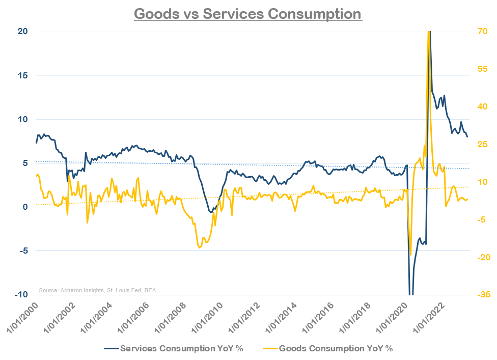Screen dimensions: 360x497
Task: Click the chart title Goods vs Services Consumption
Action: pyautogui.click(x=248, y=13)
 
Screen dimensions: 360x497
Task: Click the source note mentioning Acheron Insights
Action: pyautogui.click(x=97, y=290)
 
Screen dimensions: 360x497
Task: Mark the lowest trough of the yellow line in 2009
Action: pyautogui.click(x=199, y=247)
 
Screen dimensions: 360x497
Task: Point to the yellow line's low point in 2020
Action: pyautogui.click(x=410, y=255)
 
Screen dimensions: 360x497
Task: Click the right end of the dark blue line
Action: pyautogui.click(x=467, y=136)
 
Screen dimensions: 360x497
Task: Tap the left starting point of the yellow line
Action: pyautogui.click(x=36, y=176)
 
